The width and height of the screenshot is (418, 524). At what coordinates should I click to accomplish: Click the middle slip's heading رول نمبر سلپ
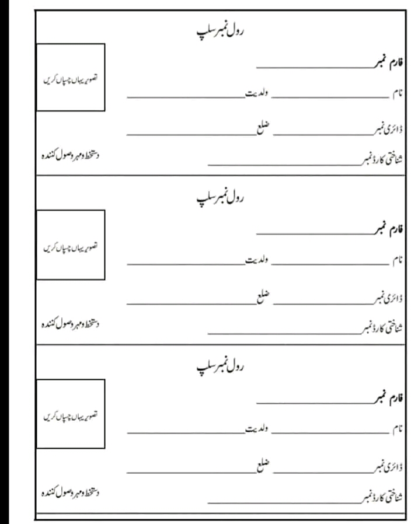pyautogui.click(x=220, y=197)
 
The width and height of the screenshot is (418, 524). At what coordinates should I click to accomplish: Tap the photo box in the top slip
pyautogui.click(x=71, y=77)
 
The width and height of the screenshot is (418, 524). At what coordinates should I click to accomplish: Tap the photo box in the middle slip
pyautogui.click(x=71, y=245)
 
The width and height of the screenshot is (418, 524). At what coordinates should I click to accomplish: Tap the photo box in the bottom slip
pyautogui.click(x=71, y=414)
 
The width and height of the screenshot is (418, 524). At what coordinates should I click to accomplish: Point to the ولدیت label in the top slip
pyautogui.click(x=257, y=93)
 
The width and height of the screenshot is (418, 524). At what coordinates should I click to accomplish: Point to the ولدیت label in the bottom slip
pyautogui.click(x=257, y=430)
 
